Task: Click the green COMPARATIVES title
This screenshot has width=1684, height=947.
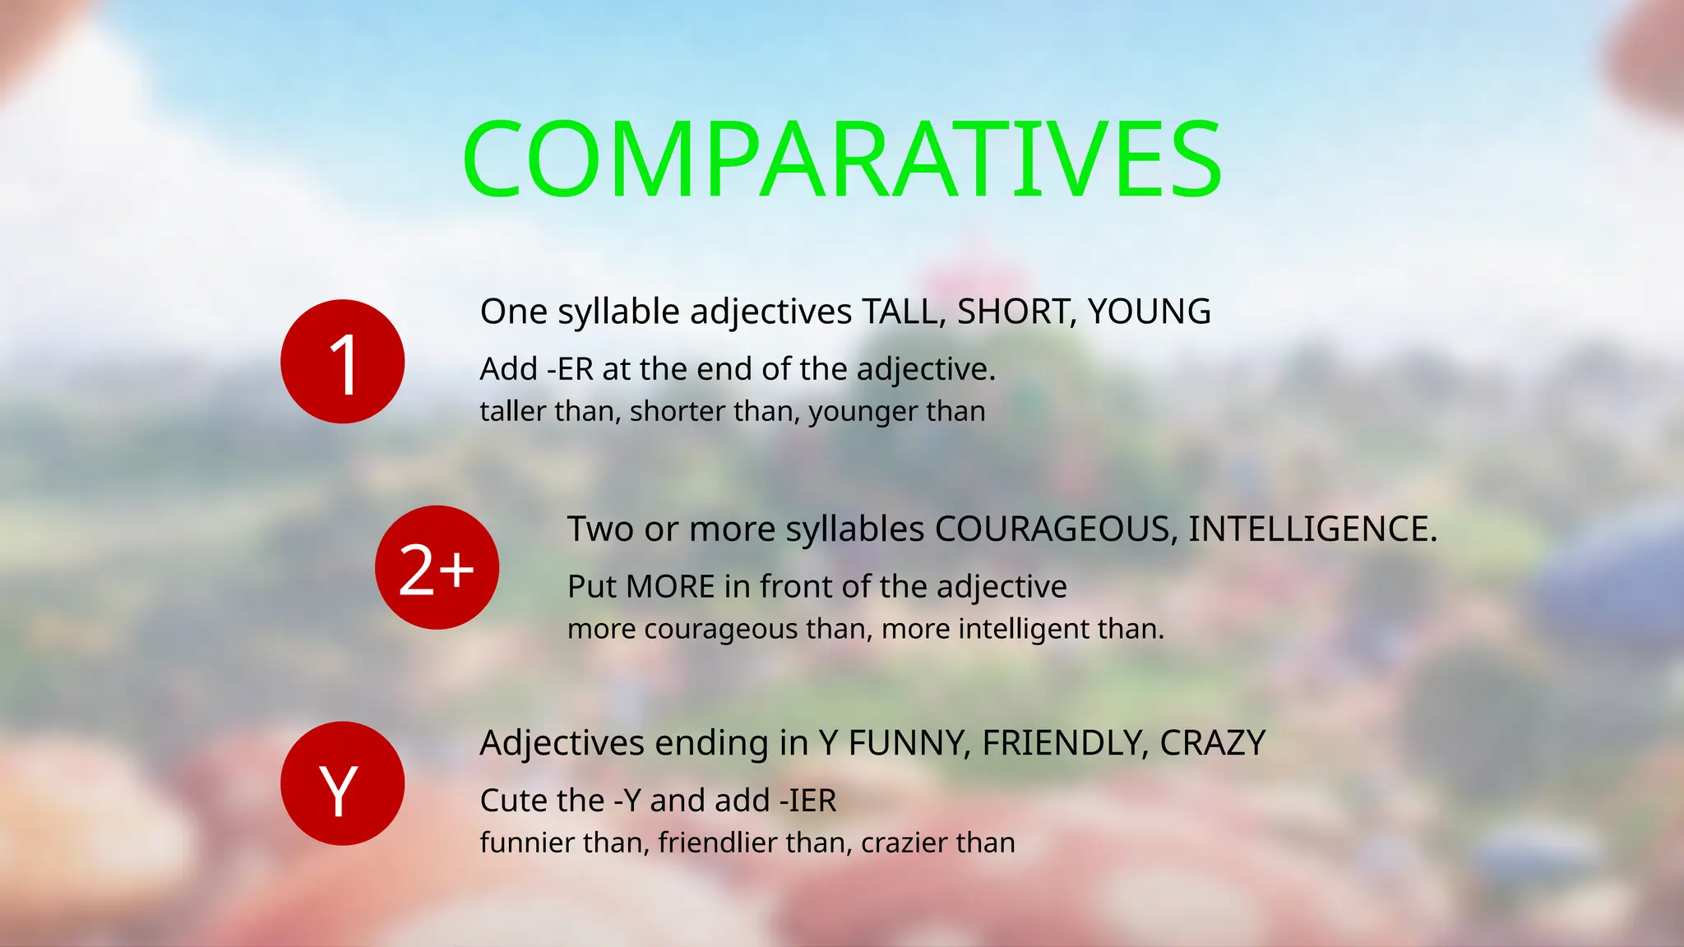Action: click(x=842, y=159)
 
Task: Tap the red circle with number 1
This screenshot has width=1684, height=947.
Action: click(x=342, y=362)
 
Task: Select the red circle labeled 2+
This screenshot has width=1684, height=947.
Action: click(x=437, y=568)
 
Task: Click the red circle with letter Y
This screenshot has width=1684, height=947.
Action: click(x=342, y=783)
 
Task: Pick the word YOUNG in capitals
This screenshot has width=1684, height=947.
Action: click(x=1149, y=312)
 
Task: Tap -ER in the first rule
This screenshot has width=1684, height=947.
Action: click(x=570, y=370)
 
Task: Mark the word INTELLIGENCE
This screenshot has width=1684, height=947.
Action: click(x=1311, y=529)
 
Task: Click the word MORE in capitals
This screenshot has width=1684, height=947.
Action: click(x=670, y=587)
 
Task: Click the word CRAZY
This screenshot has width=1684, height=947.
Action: click(x=1212, y=743)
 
